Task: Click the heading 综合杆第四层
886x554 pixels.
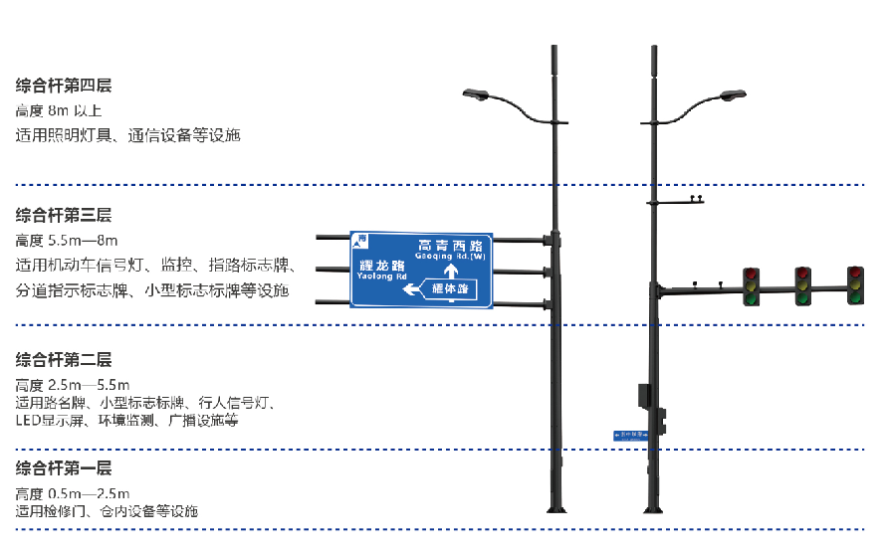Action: (64, 86)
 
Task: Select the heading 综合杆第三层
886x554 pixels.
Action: (64, 214)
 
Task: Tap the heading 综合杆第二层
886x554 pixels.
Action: (64, 359)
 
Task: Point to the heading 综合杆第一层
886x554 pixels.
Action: (64, 468)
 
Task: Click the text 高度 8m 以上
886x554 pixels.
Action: (59, 110)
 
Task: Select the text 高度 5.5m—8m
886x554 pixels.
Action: (67, 240)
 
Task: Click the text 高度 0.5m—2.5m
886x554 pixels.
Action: (73, 493)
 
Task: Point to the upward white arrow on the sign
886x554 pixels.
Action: (450, 271)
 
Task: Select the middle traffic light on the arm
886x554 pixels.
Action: (802, 285)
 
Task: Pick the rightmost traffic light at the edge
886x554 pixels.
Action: (854, 285)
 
